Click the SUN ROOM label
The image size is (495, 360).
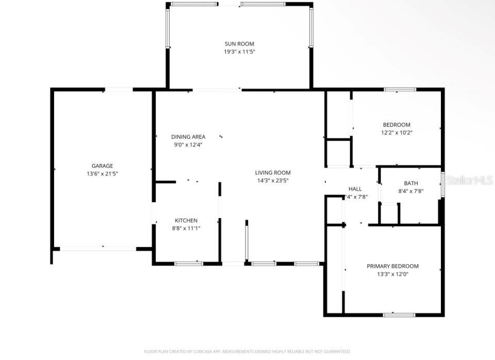point(239,44)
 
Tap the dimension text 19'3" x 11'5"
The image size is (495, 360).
point(239,52)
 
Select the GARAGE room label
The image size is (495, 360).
point(102,166)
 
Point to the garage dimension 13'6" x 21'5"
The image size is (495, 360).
point(102,174)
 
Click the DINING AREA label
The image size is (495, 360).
point(188,137)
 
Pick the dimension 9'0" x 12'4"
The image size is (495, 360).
point(188,145)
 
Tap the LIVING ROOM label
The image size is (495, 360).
point(273,173)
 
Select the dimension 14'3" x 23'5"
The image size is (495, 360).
point(273,181)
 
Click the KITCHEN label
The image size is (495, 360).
point(186,220)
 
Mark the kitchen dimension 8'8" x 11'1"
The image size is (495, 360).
point(186,228)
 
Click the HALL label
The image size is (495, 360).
point(355,189)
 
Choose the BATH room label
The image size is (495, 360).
point(411,183)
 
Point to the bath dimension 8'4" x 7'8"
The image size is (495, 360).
point(411,191)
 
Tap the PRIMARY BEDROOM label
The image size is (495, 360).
point(392,266)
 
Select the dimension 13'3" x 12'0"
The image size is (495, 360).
point(392,274)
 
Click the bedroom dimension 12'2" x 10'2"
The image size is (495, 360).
point(396,133)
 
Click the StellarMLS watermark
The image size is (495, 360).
point(469,181)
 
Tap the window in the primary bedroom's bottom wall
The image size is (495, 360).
point(399,314)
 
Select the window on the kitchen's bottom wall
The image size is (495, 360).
point(189,264)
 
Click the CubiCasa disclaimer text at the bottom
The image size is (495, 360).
point(247,351)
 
